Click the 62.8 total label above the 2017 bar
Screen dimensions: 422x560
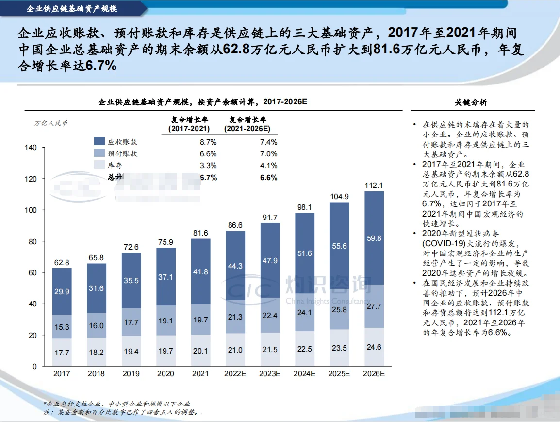point(62,262)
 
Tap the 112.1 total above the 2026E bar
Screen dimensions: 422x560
point(374,185)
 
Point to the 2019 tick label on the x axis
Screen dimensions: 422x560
point(131,374)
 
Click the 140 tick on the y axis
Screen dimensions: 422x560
point(30,148)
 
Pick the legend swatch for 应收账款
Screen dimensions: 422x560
point(99,142)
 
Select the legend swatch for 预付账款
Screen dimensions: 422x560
point(99,153)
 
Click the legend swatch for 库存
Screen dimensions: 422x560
point(99,165)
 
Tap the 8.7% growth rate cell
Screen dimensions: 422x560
point(208,142)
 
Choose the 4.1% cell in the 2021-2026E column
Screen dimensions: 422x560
point(268,165)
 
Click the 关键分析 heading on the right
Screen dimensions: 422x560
point(471,102)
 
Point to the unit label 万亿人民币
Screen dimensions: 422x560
point(51,123)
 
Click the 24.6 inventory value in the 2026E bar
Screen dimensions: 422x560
point(374,347)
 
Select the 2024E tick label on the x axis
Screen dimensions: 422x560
point(304,374)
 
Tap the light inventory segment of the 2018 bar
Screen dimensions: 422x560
point(97,352)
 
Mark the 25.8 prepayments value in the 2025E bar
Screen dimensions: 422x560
point(339,309)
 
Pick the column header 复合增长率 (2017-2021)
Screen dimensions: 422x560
point(189,124)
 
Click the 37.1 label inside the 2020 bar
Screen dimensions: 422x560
point(166,277)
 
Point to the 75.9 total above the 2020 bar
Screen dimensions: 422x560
point(166,242)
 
